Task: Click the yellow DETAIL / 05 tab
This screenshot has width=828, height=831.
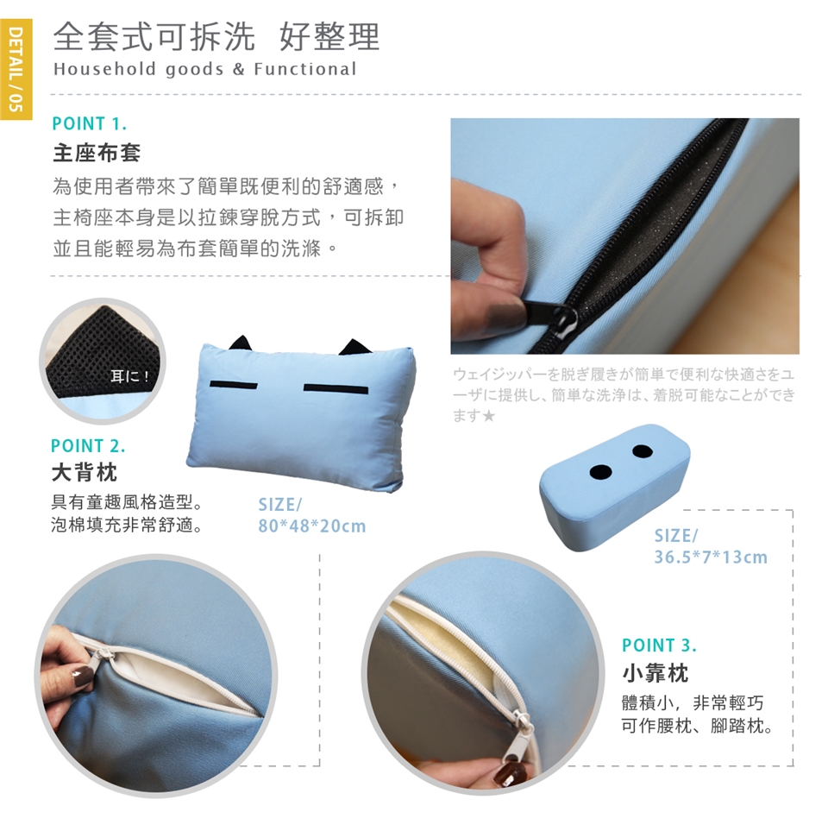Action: coord(16,69)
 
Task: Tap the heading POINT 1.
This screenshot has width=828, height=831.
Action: coord(90,123)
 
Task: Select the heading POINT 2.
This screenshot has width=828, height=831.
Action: coord(88,446)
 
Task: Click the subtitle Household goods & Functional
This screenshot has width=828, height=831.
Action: coord(205,69)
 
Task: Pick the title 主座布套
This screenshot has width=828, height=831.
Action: coord(97,153)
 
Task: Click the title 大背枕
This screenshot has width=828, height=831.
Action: coord(85,472)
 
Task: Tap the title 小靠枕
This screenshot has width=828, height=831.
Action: coord(655,673)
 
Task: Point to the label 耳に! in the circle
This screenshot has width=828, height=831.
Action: coord(129,376)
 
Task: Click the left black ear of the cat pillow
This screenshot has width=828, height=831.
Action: coord(241,343)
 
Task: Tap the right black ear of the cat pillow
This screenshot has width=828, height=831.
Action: coord(354,347)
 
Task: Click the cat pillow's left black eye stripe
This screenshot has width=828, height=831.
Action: coord(234,384)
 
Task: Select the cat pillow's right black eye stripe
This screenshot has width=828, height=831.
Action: coord(336,389)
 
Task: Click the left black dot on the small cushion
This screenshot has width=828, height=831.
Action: coord(601,470)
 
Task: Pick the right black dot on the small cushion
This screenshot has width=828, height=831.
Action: coord(642,451)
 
